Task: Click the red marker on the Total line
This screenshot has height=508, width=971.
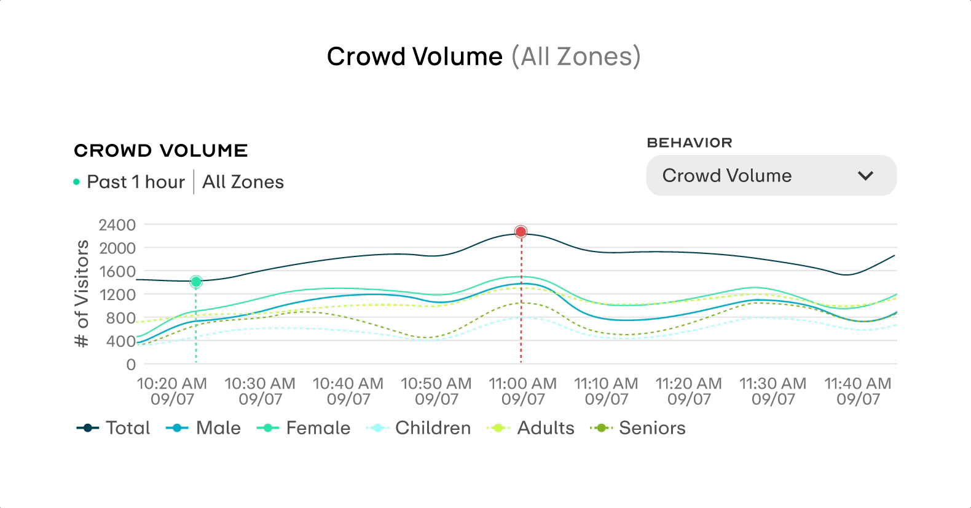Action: click(521, 232)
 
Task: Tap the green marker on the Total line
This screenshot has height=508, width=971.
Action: click(196, 282)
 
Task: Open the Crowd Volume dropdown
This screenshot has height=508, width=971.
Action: click(771, 176)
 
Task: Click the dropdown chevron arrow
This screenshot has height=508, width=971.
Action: click(865, 176)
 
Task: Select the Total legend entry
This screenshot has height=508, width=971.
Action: click(114, 428)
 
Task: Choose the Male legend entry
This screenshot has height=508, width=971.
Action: click(204, 428)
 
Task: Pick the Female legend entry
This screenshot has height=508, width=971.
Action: click(304, 428)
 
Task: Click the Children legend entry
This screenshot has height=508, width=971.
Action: click(419, 428)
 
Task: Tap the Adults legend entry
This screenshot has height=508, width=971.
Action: click(531, 428)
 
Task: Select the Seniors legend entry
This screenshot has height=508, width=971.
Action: click(638, 428)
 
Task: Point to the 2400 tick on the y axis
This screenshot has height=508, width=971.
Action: click(117, 225)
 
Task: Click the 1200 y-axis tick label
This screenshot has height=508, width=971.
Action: click(117, 295)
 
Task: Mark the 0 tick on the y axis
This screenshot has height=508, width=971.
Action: click(131, 365)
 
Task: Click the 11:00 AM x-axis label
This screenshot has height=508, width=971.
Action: click(523, 391)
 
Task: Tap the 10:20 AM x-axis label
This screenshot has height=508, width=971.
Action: click(172, 391)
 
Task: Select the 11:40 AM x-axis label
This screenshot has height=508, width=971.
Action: click(858, 391)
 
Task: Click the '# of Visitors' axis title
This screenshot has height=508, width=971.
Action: click(82, 294)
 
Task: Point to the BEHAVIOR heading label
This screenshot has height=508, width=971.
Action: click(690, 143)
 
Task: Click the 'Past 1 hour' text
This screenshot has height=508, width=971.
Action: click(136, 182)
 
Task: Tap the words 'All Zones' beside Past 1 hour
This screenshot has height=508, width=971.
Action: click(243, 182)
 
